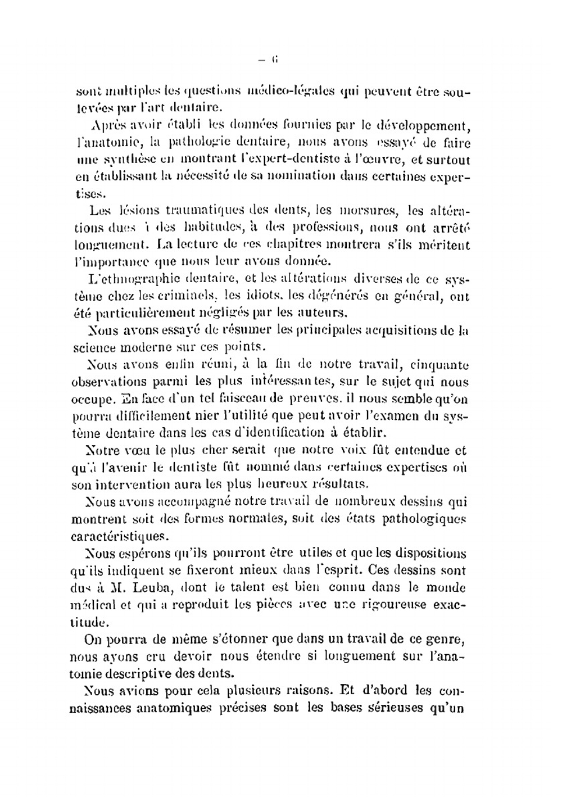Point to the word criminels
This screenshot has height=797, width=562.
click(x=189, y=296)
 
